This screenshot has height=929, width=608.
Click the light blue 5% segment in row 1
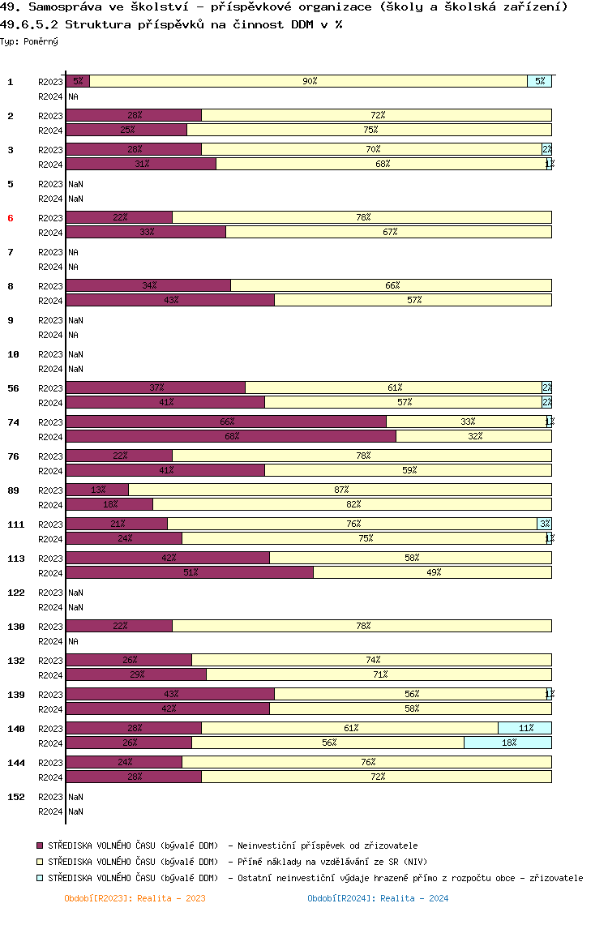539,81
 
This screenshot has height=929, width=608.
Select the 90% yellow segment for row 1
308,81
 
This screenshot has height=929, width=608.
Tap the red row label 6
11,218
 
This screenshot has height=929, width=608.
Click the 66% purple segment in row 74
226,422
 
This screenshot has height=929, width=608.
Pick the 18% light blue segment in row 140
507,743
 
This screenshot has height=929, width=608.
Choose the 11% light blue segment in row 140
525,728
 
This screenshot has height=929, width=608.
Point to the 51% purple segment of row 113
190,572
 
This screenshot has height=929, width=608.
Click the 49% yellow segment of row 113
432,572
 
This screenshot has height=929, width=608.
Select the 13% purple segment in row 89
97,490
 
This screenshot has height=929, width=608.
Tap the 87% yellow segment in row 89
340,490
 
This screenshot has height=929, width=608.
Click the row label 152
15,797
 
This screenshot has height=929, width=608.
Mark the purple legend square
41,846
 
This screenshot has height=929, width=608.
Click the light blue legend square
41,878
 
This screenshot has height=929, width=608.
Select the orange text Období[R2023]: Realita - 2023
135,898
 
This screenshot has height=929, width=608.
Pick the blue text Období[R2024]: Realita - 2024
378,898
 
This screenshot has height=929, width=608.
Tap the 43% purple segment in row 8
170,300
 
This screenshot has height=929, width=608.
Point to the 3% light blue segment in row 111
544,524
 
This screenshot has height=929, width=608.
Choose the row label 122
15,593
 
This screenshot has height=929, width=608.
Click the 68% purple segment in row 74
231,436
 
